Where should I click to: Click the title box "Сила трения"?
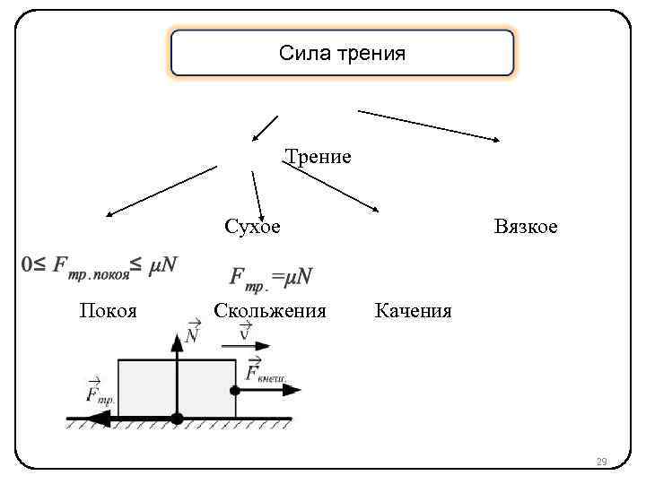pyautogui.click(x=342, y=54)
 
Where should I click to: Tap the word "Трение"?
pyautogui.click(x=318, y=158)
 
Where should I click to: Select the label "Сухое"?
pyautogui.click(x=252, y=227)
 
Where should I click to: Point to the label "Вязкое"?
pyautogui.click(x=526, y=227)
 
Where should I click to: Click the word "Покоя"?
pyautogui.click(x=108, y=311)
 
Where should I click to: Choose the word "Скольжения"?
pyautogui.click(x=269, y=311)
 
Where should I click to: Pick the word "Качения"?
pyautogui.click(x=413, y=311)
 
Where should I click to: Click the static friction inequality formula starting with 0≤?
pyautogui.click(x=100, y=264)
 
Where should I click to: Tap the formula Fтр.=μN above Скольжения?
pyautogui.click(x=271, y=277)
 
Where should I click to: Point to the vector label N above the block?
pyautogui.click(x=192, y=333)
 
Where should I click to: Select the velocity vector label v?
pyautogui.click(x=246, y=333)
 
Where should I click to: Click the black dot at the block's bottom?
pyautogui.click(x=178, y=419)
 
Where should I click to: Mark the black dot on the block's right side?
pyautogui.click(x=236, y=390)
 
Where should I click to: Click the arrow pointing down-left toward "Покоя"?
pyautogui.click(x=161, y=190)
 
